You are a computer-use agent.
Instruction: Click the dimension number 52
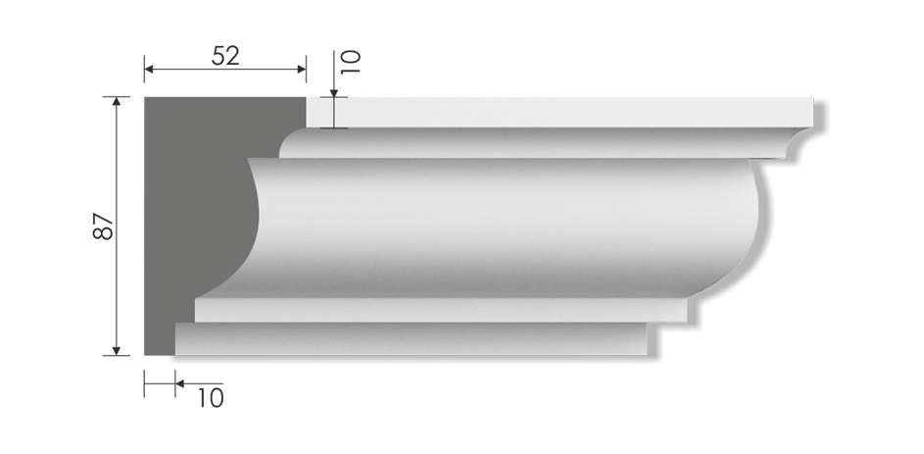225,56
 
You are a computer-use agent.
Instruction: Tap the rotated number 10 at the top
351,63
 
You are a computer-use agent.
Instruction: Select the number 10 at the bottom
210,397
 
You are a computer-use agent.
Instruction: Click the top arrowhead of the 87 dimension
117,102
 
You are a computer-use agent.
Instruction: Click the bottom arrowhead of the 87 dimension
117,349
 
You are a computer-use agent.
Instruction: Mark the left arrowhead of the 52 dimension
150,70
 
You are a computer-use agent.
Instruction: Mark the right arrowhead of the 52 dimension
301,70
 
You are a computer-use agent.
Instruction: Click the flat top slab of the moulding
559,112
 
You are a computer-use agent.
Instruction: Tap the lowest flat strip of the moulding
412,339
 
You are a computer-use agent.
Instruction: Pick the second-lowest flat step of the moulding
441,310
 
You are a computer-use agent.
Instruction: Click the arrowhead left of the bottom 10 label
180,383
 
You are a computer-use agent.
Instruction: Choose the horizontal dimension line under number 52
225,70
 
